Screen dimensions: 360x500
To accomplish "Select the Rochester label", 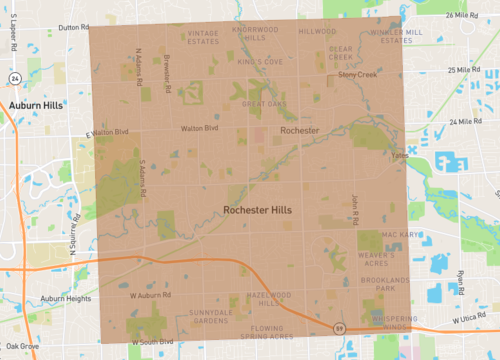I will tap(299, 131).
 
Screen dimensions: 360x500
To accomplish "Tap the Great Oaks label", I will tap(265, 102).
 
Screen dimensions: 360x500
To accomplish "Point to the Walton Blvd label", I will tap(198, 128).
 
